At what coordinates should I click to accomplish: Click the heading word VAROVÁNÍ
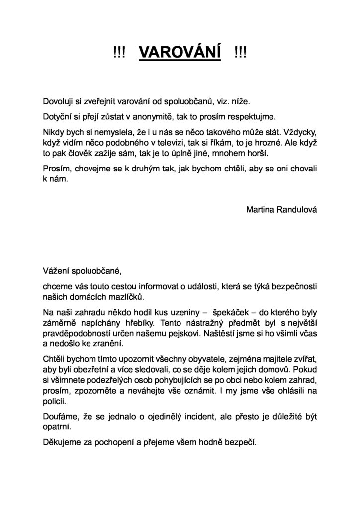180,52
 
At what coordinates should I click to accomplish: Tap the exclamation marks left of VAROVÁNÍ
120,52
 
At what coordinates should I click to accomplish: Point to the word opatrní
57,426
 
